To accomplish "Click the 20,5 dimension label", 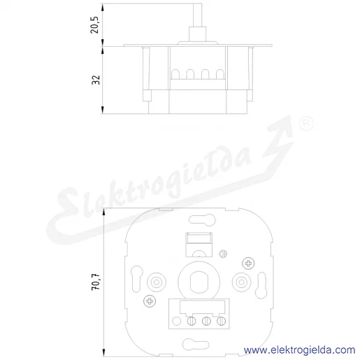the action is (x=95, y=25).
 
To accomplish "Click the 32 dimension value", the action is (x=96, y=80).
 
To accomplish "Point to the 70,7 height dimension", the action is (x=96, y=282).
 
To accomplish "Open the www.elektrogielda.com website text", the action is (x=299, y=350).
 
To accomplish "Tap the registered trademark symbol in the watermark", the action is (x=306, y=123).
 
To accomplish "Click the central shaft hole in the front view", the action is (x=199, y=282).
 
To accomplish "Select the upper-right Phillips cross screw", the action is (x=248, y=264).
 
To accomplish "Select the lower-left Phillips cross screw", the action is (x=150, y=301).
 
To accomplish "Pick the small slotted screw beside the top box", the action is (x=223, y=254).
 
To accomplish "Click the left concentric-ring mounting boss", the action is (x=157, y=282).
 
